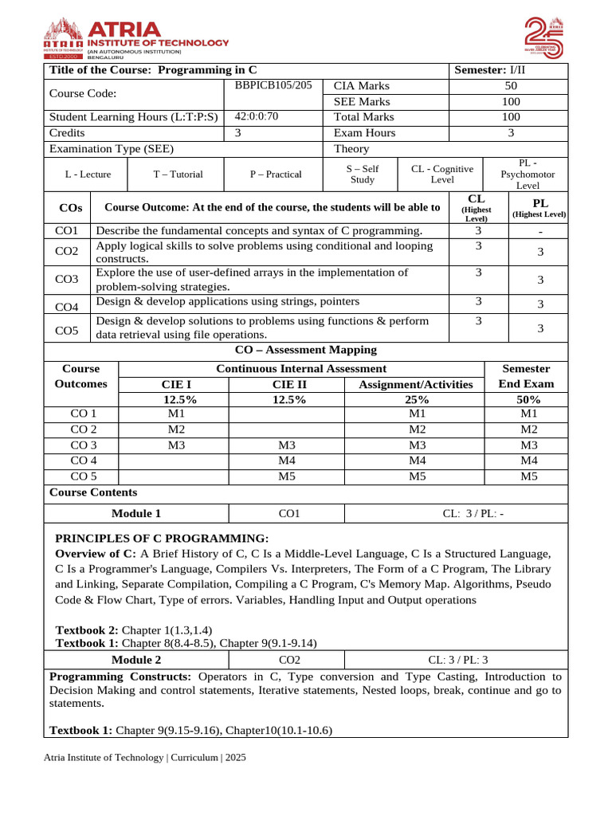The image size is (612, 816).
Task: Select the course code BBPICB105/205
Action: coord(273,84)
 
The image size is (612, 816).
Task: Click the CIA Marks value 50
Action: coord(511,86)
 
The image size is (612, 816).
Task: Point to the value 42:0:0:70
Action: coord(256,116)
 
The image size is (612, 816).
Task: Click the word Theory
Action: coord(351,149)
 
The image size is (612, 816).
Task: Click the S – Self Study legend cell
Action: coord(363,174)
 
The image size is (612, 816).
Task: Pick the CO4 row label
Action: coord(67,307)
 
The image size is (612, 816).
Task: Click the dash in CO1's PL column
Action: coord(540,232)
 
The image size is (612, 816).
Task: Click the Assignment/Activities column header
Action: coord(416,384)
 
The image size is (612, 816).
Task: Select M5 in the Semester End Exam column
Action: coord(528,477)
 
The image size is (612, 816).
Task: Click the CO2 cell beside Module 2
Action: coord(288,660)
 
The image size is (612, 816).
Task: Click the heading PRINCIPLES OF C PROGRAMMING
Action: coord(162,538)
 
